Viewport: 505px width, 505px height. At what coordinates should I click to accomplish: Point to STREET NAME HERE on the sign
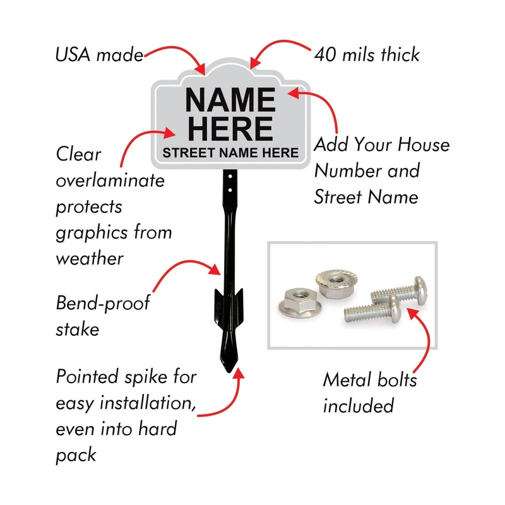tap(230, 152)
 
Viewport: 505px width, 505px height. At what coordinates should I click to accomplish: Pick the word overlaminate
tap(110, 181)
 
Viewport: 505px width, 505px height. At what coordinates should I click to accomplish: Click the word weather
tap(89, 259)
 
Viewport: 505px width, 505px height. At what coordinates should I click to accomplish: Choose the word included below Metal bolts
tap(359, 405)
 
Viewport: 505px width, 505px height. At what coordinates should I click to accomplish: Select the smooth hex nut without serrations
tap(297, 303)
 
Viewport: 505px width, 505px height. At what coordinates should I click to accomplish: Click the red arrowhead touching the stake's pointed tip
tap(238, 376)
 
